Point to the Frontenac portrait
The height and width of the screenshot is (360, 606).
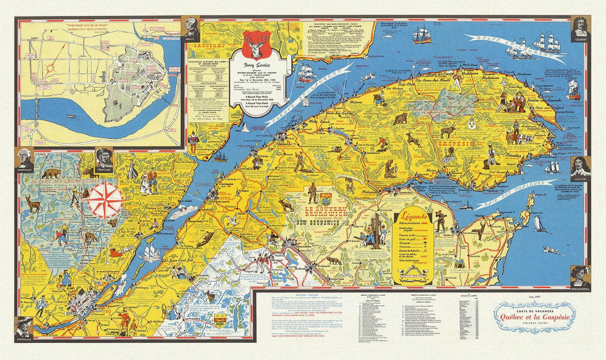[104, 157]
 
